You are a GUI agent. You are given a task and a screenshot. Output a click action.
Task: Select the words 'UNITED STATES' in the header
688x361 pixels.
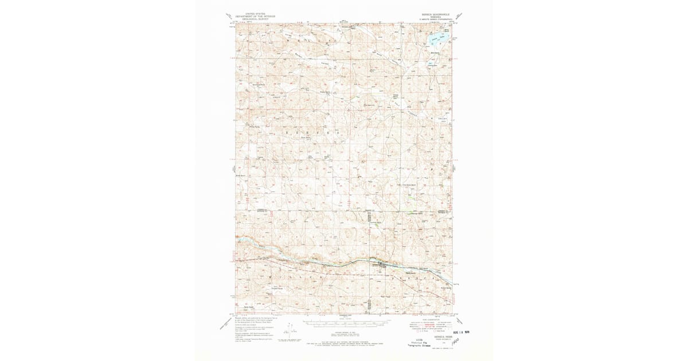tap(255, 13)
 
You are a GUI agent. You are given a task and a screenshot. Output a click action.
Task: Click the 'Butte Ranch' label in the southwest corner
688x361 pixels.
tap(248, 306)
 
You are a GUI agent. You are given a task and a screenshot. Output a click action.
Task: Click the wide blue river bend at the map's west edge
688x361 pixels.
tap(245, 241)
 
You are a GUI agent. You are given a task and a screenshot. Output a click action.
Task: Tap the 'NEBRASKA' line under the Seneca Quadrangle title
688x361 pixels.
tap(435, 17)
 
